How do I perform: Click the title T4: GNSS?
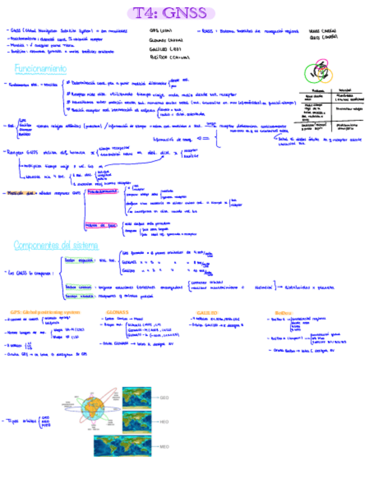tap(170, 13)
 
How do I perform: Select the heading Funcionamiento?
tap(40, 69)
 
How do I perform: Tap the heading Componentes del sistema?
tap(56, 245)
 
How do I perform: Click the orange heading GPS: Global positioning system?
tap(45, 312)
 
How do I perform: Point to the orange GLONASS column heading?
tap(117, 312)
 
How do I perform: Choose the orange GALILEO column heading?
tap(207, 313)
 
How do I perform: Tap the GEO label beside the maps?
tap(164, 397)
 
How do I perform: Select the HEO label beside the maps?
tap(164, 421)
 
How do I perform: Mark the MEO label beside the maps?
tap(164, 447)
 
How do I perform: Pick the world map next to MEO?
tap(123, 447)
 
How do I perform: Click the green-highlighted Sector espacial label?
tap(78, 259)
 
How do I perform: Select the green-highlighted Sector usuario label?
tap(78, 296)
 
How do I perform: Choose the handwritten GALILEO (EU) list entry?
tap(165, 49)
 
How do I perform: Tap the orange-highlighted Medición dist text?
tap(22, 193)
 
